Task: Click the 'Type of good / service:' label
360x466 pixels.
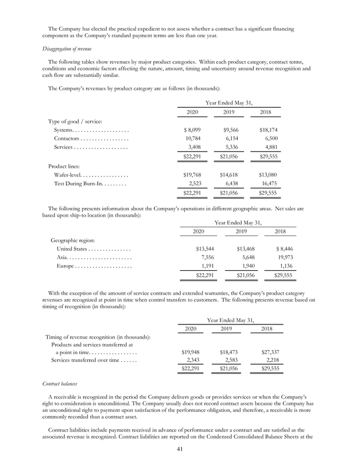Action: pos(75,121)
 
